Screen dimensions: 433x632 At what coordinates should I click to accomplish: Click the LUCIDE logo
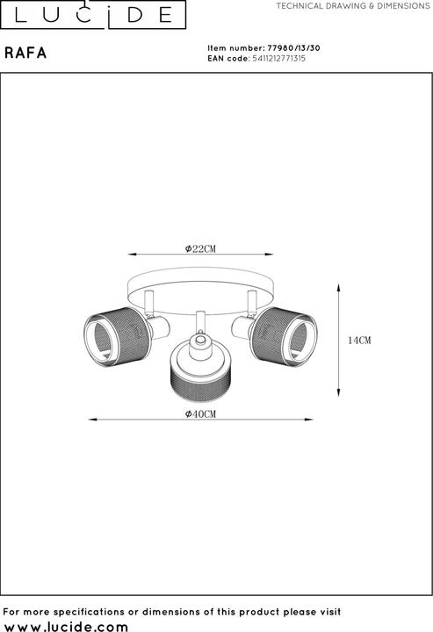coord(93,15)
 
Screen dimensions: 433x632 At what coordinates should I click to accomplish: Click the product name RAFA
coord(25,54)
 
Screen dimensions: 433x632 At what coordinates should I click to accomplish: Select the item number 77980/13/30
coord(294,48)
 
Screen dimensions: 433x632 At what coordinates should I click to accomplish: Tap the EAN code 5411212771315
coord(279,59)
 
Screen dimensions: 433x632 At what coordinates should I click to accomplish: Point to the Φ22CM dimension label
coord(200,248)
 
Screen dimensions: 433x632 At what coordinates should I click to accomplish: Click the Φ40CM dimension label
coord(200,414)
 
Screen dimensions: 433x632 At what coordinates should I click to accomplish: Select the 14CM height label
coord(359,341)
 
